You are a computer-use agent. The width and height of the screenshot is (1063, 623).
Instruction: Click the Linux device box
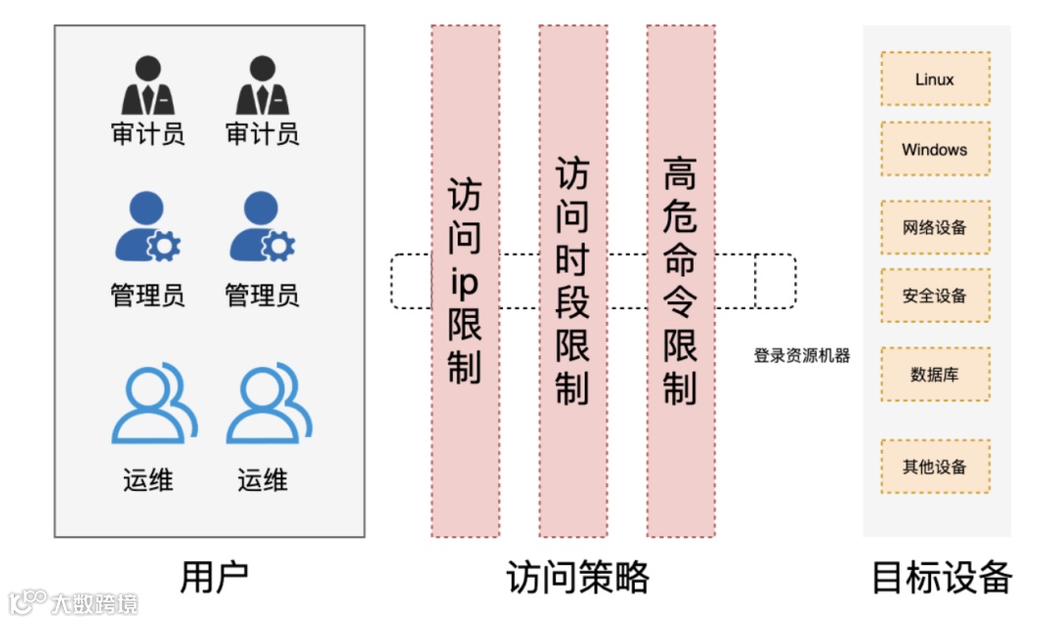pyautogui.click(x=934, y=79)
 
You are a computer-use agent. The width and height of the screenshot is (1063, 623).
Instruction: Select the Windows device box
pyautogui.click(x=934, y=150)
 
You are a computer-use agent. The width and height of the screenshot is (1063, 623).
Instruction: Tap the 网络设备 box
pyautogui.click(x=934, y=227)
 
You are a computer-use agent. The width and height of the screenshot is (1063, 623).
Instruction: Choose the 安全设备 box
pyautogui.click(x=934, y=295)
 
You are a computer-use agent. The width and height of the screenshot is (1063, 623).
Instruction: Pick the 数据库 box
pyautogui.click(x=934, y=374)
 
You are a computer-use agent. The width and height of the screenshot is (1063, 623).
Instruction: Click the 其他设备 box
pyautogui.click(x=934, y=467)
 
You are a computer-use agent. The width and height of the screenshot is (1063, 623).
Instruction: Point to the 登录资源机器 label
pyautogui.click(x=801, y=355)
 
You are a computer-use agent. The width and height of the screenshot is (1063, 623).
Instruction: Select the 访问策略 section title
pyautogui.click(x=578, y=578)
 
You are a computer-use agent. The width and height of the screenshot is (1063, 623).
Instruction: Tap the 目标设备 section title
pyautogui.click(x=942, y=578)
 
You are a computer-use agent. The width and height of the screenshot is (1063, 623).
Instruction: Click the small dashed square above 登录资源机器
pyautogui.click(x=775, y=281)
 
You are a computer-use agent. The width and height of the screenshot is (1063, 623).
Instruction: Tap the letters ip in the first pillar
pyautogui.click(x=464, y=282)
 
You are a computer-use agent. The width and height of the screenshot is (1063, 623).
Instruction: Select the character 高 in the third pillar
pyautogui.click(x=680, y=175)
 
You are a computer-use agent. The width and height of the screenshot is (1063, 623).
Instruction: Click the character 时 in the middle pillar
pyautogui.click(x=572, y=260)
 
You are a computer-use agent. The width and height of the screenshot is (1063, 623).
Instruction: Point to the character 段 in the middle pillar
pyautogui.click(x=572, y=302)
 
